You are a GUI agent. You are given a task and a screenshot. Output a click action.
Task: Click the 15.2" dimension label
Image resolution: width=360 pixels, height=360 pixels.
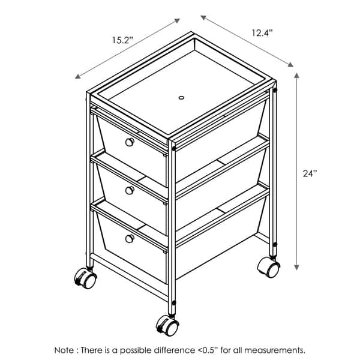pos(122,40)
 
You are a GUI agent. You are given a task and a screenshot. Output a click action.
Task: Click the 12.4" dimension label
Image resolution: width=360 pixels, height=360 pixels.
pos(262,33)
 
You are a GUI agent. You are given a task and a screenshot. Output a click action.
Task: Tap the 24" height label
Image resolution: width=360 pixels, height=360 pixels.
pos(310,173)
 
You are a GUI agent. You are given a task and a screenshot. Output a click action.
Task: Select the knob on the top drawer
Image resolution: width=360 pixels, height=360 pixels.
pos(130,142)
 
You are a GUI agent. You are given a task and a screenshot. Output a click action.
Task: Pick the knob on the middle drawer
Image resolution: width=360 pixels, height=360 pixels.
pos(130,190)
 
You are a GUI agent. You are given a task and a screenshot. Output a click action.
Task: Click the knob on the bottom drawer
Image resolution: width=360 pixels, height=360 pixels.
pos(130,239)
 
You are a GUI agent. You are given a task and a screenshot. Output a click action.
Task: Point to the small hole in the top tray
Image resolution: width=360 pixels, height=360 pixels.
pos(181,98)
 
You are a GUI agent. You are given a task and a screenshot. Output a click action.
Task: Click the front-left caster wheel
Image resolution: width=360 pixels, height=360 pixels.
pos(85,279)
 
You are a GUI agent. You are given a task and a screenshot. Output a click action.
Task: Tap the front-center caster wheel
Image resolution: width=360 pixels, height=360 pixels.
pos(167,325)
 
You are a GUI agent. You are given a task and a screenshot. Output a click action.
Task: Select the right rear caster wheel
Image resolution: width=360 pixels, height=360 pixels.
pos(268,267)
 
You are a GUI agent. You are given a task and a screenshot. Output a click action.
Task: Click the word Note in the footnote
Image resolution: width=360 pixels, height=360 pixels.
pos(64,350)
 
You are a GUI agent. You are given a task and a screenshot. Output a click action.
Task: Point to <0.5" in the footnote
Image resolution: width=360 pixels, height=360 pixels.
pos(208,350)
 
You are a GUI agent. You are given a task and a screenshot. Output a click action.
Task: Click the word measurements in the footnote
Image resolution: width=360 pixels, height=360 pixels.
pos(275,350)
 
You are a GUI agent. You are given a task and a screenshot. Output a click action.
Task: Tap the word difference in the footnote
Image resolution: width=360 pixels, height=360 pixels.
pos(174,350)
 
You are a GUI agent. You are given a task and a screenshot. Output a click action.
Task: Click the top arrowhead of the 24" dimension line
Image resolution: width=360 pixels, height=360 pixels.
pos(296,76)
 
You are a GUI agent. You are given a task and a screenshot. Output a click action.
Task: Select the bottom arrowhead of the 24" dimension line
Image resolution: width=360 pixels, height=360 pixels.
pos(296,267)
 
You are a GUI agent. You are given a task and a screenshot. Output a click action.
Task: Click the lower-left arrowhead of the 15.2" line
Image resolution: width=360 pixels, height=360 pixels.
pos(77,77)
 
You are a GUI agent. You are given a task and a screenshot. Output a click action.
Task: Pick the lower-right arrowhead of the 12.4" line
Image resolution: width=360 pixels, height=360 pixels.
pos(290,65)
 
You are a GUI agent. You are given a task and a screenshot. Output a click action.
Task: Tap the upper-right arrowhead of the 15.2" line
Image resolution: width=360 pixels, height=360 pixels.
pos(177,20)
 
